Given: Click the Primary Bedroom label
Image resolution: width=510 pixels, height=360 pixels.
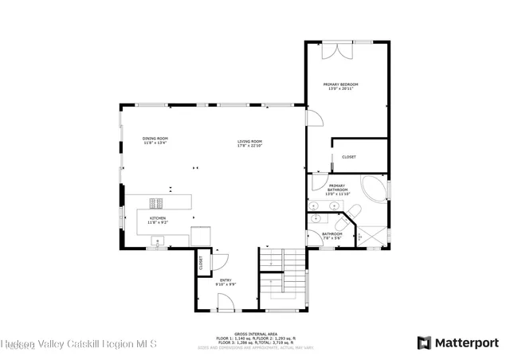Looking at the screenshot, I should point(340,86).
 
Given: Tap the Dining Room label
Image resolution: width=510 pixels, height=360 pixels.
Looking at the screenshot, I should point(155,140).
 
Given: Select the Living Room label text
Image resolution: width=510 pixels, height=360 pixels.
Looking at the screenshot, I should point(249,144).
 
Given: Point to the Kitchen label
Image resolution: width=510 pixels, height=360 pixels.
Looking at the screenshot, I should point(157,219).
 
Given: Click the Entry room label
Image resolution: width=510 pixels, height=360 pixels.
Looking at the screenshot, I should point(226,282).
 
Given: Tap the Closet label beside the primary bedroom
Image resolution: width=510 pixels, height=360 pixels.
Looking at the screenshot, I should point(349,157).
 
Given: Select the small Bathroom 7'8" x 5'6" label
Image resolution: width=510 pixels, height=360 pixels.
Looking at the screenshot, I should point(331,237).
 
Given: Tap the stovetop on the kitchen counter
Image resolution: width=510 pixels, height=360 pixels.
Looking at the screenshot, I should point(155,202).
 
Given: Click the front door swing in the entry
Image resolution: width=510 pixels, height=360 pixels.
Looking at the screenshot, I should point(226,301).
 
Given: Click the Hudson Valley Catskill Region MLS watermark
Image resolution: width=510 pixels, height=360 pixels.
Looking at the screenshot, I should point(78,344).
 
